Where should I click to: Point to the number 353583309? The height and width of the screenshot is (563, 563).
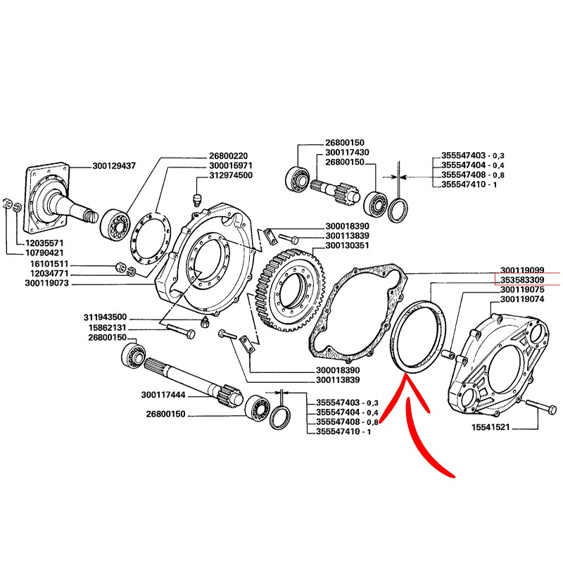coord(524,279)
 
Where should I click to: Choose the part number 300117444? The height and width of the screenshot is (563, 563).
coord(164,395)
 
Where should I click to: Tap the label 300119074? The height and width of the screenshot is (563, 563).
coord(524,299)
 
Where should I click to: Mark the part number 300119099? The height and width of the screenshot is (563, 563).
coord(524,270)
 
